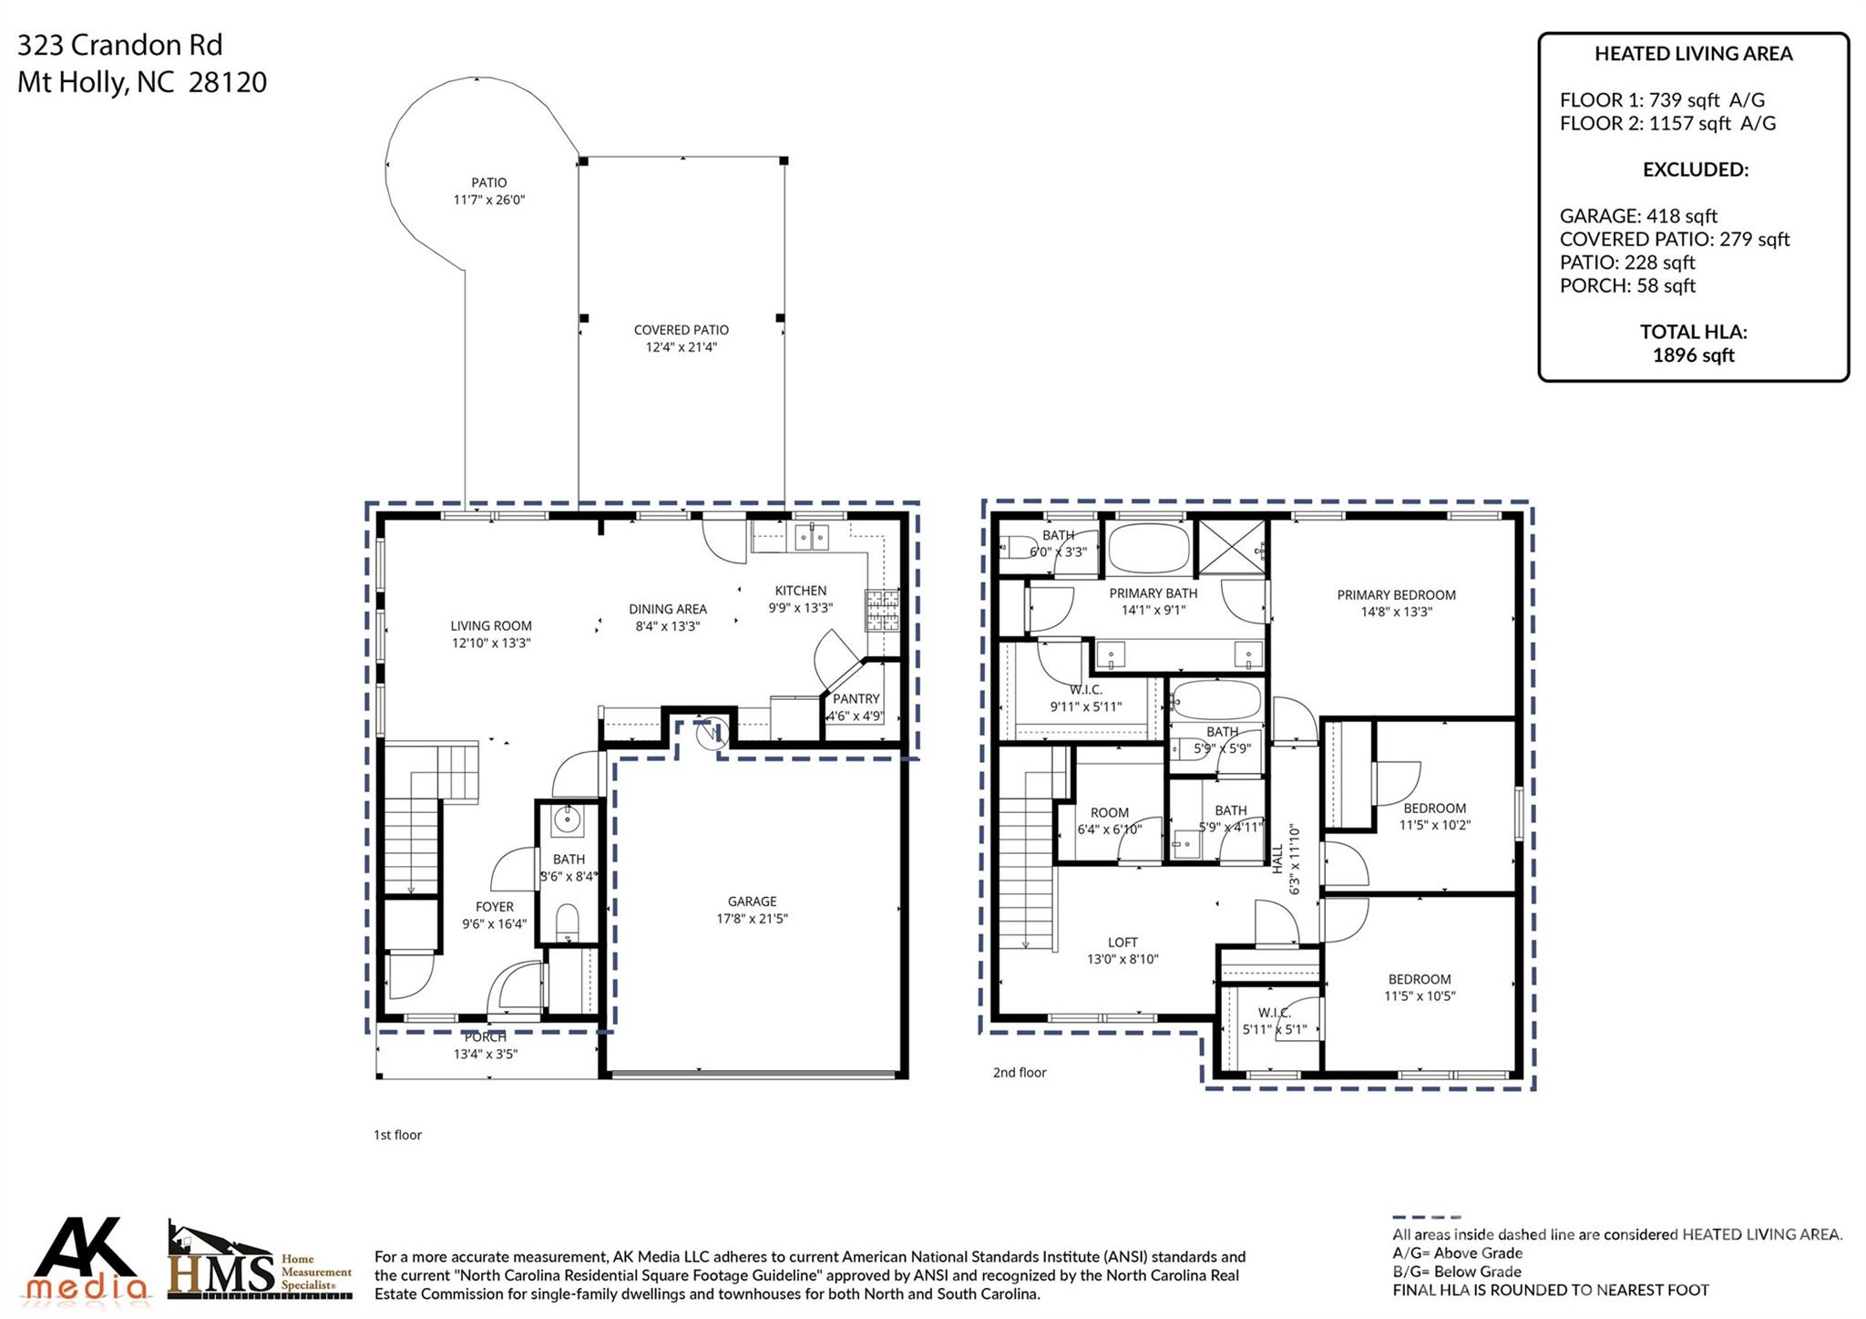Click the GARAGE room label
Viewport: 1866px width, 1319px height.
tap(752, 901)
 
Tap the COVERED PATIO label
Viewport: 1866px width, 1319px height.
tap(681, 330)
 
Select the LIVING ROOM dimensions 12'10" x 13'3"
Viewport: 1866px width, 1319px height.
tap(490, 643)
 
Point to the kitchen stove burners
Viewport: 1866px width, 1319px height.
tap(881, 611)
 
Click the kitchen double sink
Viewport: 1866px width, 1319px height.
tap(811, 537)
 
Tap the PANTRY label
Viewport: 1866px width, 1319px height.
tap(856, 698)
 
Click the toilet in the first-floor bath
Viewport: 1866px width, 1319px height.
tap(567, 922)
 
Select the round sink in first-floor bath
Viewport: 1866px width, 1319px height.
tap(567, 819)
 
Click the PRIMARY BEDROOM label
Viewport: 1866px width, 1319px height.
tap(1396, 594)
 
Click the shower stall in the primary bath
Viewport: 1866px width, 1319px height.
tap(1231, 548)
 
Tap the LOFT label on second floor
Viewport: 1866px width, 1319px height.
tap(1123, 942)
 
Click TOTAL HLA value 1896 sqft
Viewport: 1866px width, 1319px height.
tap(1693, 356)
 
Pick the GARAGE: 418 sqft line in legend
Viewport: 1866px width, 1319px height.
tap(1637, 216)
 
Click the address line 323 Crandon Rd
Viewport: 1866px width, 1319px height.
tap(120, 45)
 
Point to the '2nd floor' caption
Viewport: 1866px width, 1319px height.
tap(1019, 1072)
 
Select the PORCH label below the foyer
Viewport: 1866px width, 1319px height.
tap(485, 1037)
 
